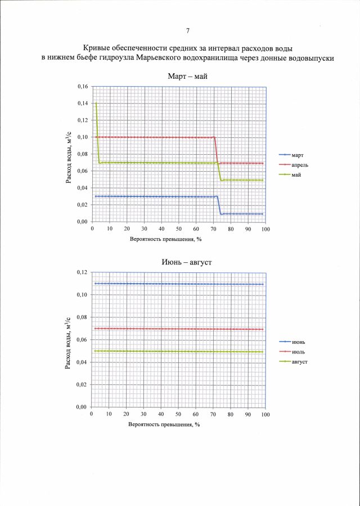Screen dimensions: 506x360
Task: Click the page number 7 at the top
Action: pyautogui.click(x=187, y=30)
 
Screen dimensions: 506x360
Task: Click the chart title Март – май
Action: pyautogui.click(x=187, y=77)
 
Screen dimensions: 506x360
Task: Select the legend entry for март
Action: pyautogui.click(x=298, y=154)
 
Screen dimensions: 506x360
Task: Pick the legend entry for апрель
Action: pyautogui.click(x=300, y=164)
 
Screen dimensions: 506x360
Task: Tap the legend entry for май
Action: pyautogui.click(x=296, y=174)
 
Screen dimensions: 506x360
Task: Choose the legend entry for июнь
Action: pyautogui.click(x=298, y=342)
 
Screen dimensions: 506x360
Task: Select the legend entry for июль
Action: pyautogui.click(x=298, y=352)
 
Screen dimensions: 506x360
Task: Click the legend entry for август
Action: pyautogui.click(x=299, y=362)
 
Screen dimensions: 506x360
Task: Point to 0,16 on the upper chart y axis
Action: pyautogui.click(x=82, y=87)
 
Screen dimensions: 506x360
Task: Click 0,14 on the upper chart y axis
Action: pyautogui.click(x=82, y=104)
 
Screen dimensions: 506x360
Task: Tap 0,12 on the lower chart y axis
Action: pyautogui.click(x=82, y=272)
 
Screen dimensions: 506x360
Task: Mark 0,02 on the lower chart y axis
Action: pyautogui.click(x=82, y=385)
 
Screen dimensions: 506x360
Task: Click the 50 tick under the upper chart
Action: pyautogui.click(x=178, y=229)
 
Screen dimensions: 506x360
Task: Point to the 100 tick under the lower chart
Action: pyautogui.click(x=265, y=414)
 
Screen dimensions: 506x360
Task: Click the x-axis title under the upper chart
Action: pyautogui.click(x=165, y=239)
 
